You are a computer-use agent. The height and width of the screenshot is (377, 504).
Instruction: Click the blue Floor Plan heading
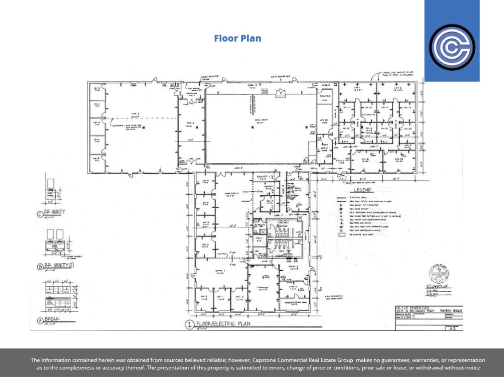click(x=237, y=38)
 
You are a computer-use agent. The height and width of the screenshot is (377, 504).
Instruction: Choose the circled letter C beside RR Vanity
click(x=40, y=213)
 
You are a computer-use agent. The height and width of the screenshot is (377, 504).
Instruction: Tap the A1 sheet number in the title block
click(x=453, y=329)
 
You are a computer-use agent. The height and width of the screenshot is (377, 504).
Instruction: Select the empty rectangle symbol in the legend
click(x=342, y=234)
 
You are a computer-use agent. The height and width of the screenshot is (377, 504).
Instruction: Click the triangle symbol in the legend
click(x=342, y=213)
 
